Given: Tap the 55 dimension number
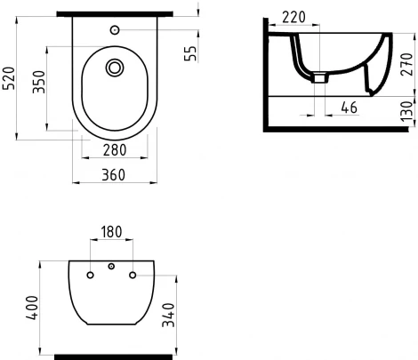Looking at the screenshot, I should [189, 52].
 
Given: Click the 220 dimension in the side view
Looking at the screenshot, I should [293, 15].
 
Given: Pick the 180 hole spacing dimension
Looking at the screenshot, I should [111, 233].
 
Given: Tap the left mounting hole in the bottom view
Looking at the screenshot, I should [91, 275].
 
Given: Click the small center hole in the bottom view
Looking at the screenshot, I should [111, 267].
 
